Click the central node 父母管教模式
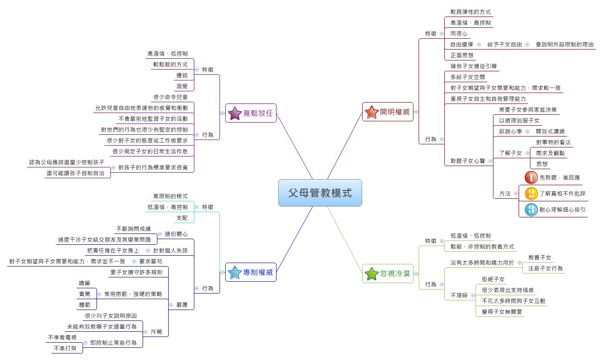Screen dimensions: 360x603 point(320,193)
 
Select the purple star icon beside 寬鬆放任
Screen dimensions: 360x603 point(235,113)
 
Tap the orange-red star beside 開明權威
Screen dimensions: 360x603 point(372,112)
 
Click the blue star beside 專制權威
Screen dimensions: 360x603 point(235,272)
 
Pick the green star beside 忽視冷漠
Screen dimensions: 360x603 point(372,273)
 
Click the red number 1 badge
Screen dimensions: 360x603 point(531,177)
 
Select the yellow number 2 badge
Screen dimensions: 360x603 point(531,193)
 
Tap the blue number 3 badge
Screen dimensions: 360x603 point(531,210)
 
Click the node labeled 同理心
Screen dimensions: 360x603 point(459,33)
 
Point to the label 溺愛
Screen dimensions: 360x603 point(182,86)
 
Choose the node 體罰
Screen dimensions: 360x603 point(84,305)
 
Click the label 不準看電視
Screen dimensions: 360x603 point(62,337)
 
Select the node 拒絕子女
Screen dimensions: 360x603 point(493,279)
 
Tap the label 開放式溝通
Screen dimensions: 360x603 point(550,131)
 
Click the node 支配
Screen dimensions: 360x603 point(182,217)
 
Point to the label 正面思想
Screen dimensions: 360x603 point(462,55)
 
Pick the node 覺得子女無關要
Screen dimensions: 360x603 point(502,312)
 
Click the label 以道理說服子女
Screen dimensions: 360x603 point(519,120)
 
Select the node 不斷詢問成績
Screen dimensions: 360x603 point(133,229)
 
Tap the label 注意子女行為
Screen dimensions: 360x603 point(545,268)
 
